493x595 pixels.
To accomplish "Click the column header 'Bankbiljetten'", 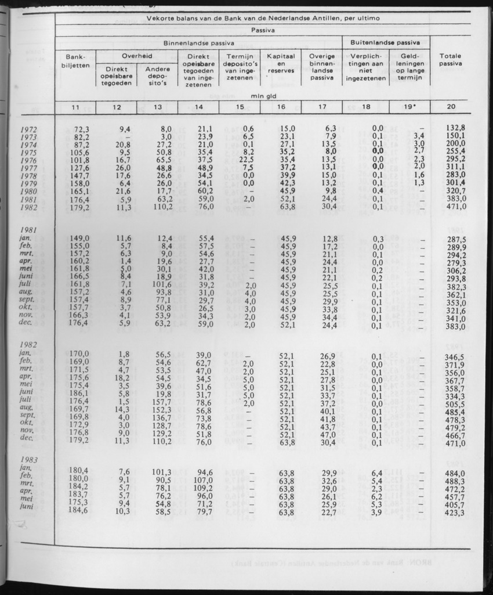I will (x=75, y=62).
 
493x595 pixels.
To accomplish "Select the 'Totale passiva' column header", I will (x=450, y=60).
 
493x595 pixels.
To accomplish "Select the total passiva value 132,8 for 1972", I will (x=456, y=128).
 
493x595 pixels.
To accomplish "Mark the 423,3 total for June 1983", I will (x=456, y=513).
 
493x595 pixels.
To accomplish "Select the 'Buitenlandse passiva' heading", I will (x=386, y=42).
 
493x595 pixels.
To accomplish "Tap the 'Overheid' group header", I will (x=137, y=56).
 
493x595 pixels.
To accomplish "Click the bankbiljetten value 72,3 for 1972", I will (x=79, y=128).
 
